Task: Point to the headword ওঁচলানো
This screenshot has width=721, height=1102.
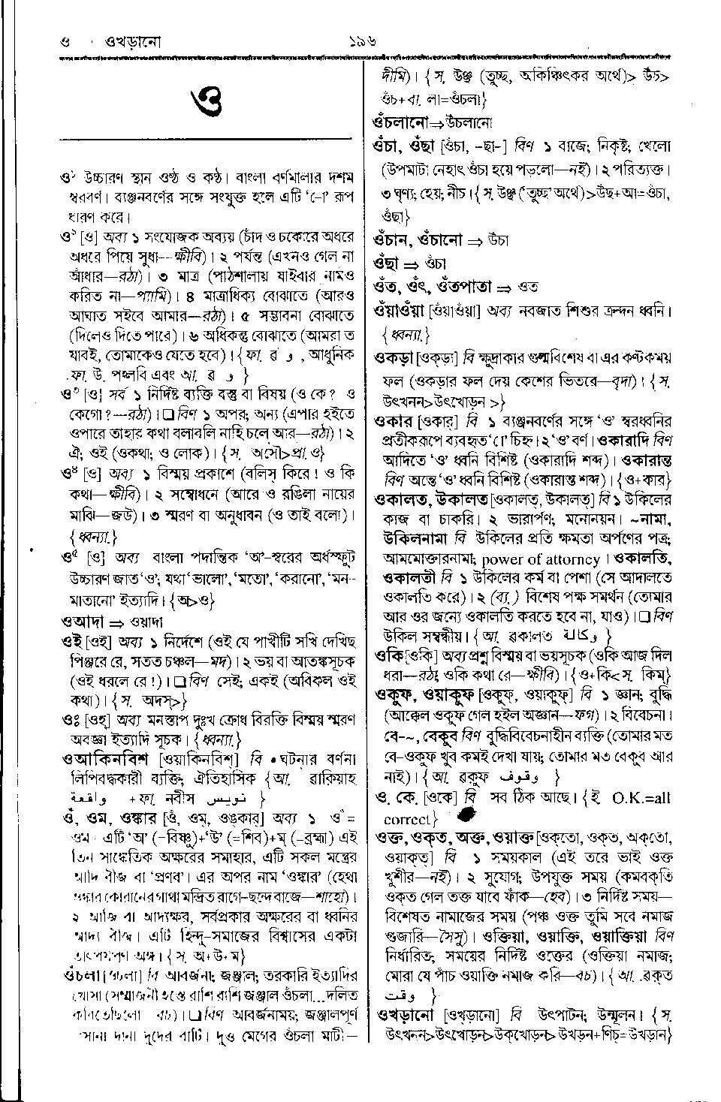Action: [400, 120]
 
